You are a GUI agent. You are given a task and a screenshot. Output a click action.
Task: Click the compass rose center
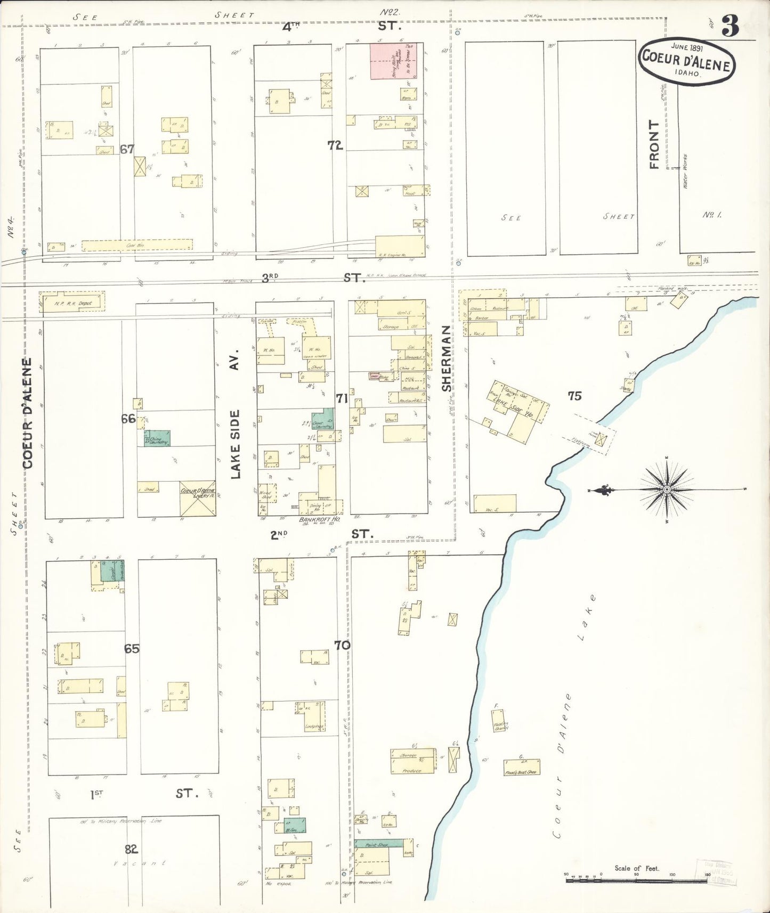coord(667,489)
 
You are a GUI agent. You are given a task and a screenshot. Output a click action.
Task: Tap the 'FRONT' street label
coord(654,145)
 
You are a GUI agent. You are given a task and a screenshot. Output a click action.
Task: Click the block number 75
coord(574,395)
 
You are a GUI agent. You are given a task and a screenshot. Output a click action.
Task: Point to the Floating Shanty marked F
coord(500,725)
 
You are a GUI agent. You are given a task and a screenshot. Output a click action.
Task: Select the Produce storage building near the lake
coord(412,762)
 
